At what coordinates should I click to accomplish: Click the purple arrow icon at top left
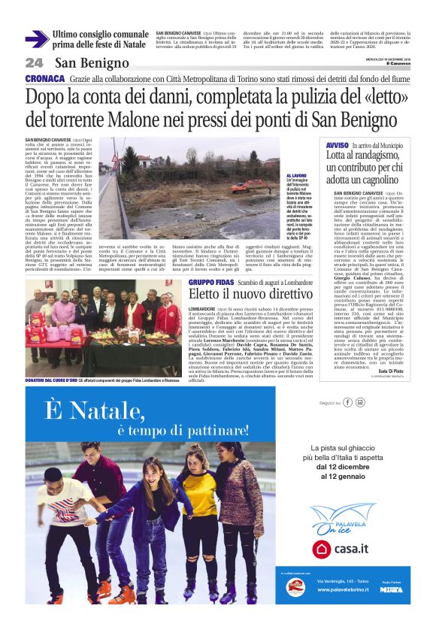(37, 38)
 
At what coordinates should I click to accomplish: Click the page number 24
(34, 63)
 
